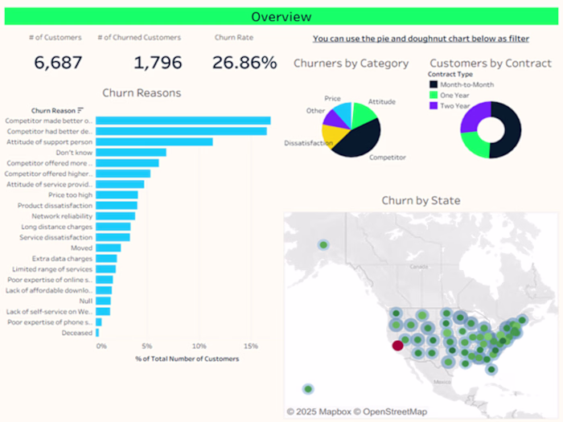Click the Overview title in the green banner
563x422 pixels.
point(281,16)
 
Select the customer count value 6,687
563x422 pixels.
point(59,62)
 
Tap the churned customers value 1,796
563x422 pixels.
point(158,62)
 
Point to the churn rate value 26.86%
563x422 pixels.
point(245,62)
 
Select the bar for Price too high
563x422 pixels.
point(117,195)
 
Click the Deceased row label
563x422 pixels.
point(76,332)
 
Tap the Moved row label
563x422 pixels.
point(82,248)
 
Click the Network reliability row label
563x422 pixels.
point(62,216)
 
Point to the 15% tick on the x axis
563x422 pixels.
point(250,346)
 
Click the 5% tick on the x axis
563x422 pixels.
point(147,346)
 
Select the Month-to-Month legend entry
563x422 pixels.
point(467,84)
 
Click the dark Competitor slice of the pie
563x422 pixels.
point(354,141)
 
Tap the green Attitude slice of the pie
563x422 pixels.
point(364,117)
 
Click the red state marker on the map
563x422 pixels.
point(397,346)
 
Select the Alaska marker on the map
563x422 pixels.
point(323,245)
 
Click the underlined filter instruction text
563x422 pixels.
point(421,38)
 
